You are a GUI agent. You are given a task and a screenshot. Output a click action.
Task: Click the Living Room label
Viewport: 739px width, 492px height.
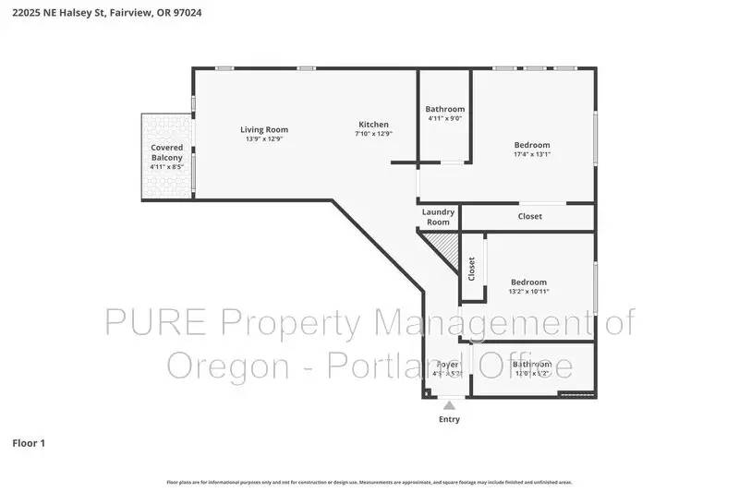click(x=264, y=129)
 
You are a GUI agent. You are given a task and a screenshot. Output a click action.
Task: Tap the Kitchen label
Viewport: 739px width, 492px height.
click(x=373, y=125)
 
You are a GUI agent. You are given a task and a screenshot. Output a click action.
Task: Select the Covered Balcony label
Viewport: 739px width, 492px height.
click(x=167, y=152)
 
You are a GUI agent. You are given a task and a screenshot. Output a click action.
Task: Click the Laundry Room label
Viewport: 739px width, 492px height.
click(x=438, y=217)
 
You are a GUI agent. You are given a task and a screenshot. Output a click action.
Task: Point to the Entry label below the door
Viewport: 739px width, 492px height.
click(x=448, y=419)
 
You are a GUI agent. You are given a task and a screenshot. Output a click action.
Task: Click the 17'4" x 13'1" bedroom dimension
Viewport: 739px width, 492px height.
click(x=531, y=155)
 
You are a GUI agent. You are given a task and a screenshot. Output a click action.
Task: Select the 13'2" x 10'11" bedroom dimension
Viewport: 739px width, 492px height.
click(x=528, y=292)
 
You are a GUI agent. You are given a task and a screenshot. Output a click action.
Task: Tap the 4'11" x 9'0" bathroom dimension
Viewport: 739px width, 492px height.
click(x=444, y=118)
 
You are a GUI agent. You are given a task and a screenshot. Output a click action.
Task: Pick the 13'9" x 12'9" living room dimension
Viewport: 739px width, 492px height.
click(x=264, y=139)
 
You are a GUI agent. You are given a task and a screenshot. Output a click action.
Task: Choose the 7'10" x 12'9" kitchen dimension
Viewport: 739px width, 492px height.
click(x=373, y=134)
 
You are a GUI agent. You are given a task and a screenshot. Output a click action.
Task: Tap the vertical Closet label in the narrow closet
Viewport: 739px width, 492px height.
click(x=471, y=269)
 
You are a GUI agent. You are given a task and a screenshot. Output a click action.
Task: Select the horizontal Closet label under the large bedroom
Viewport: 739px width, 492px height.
click(x=529, y=217)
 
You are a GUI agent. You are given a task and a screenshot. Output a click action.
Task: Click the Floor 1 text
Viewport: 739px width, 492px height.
click(x=29, y=443)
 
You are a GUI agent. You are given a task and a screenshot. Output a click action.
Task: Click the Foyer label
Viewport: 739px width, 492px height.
click(x=447, y=365)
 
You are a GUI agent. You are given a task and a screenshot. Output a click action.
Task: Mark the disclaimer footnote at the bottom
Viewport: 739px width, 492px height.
click(x=369, y=482)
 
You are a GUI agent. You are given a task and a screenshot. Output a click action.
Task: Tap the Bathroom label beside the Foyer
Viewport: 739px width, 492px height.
click(x=531, y=365)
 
